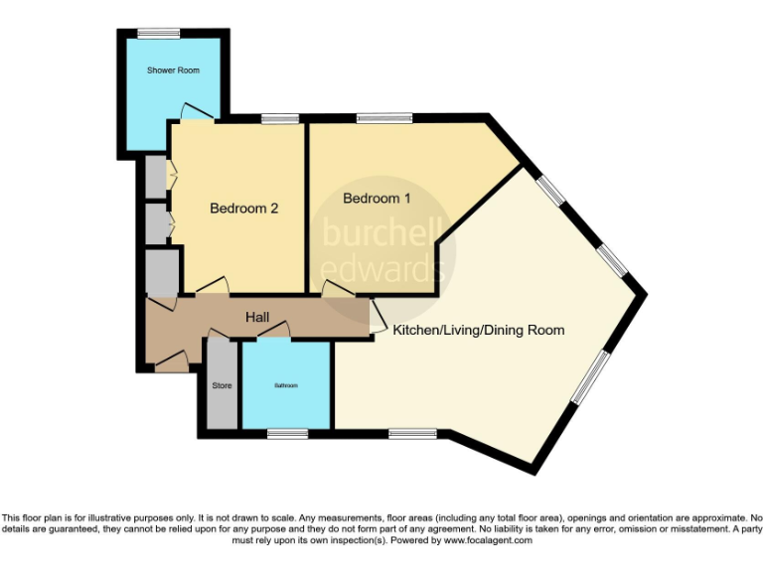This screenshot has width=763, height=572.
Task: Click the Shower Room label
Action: tap(173, 71)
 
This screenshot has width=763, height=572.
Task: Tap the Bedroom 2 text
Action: tap(243, 209)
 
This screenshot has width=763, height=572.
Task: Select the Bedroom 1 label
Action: tap(377, 199)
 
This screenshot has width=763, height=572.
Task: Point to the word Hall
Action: tap(257, 317)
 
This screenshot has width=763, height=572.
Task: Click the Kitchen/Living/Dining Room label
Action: tap(478, 330)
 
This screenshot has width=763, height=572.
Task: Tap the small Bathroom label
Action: tap(285, 385)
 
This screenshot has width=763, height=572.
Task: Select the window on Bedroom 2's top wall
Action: tap(280, 120)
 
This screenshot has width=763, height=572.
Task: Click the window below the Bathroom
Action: tap(287, 433)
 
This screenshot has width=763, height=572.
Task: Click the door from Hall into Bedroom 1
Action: tap(336, 289)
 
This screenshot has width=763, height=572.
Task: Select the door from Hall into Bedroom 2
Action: tap(212, 287)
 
